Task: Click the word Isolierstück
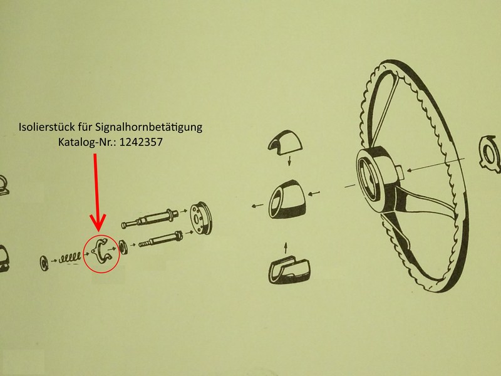coord(48,127)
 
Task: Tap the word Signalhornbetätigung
coord(148,127)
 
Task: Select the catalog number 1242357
coord(141,142)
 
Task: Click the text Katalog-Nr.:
coord(87,142)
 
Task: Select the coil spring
coord(70,258)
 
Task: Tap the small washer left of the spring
coord(44,263)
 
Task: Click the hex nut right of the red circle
coord(123,247)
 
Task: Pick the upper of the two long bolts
coord(150,217)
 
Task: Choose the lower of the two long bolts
coord(160,239)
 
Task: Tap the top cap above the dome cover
coord(285,143)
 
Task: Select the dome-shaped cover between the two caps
coord(286,199)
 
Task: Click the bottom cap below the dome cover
coord(289,270)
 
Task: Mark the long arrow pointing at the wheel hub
coord(435,164)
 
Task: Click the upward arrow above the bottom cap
coord(286,248)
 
